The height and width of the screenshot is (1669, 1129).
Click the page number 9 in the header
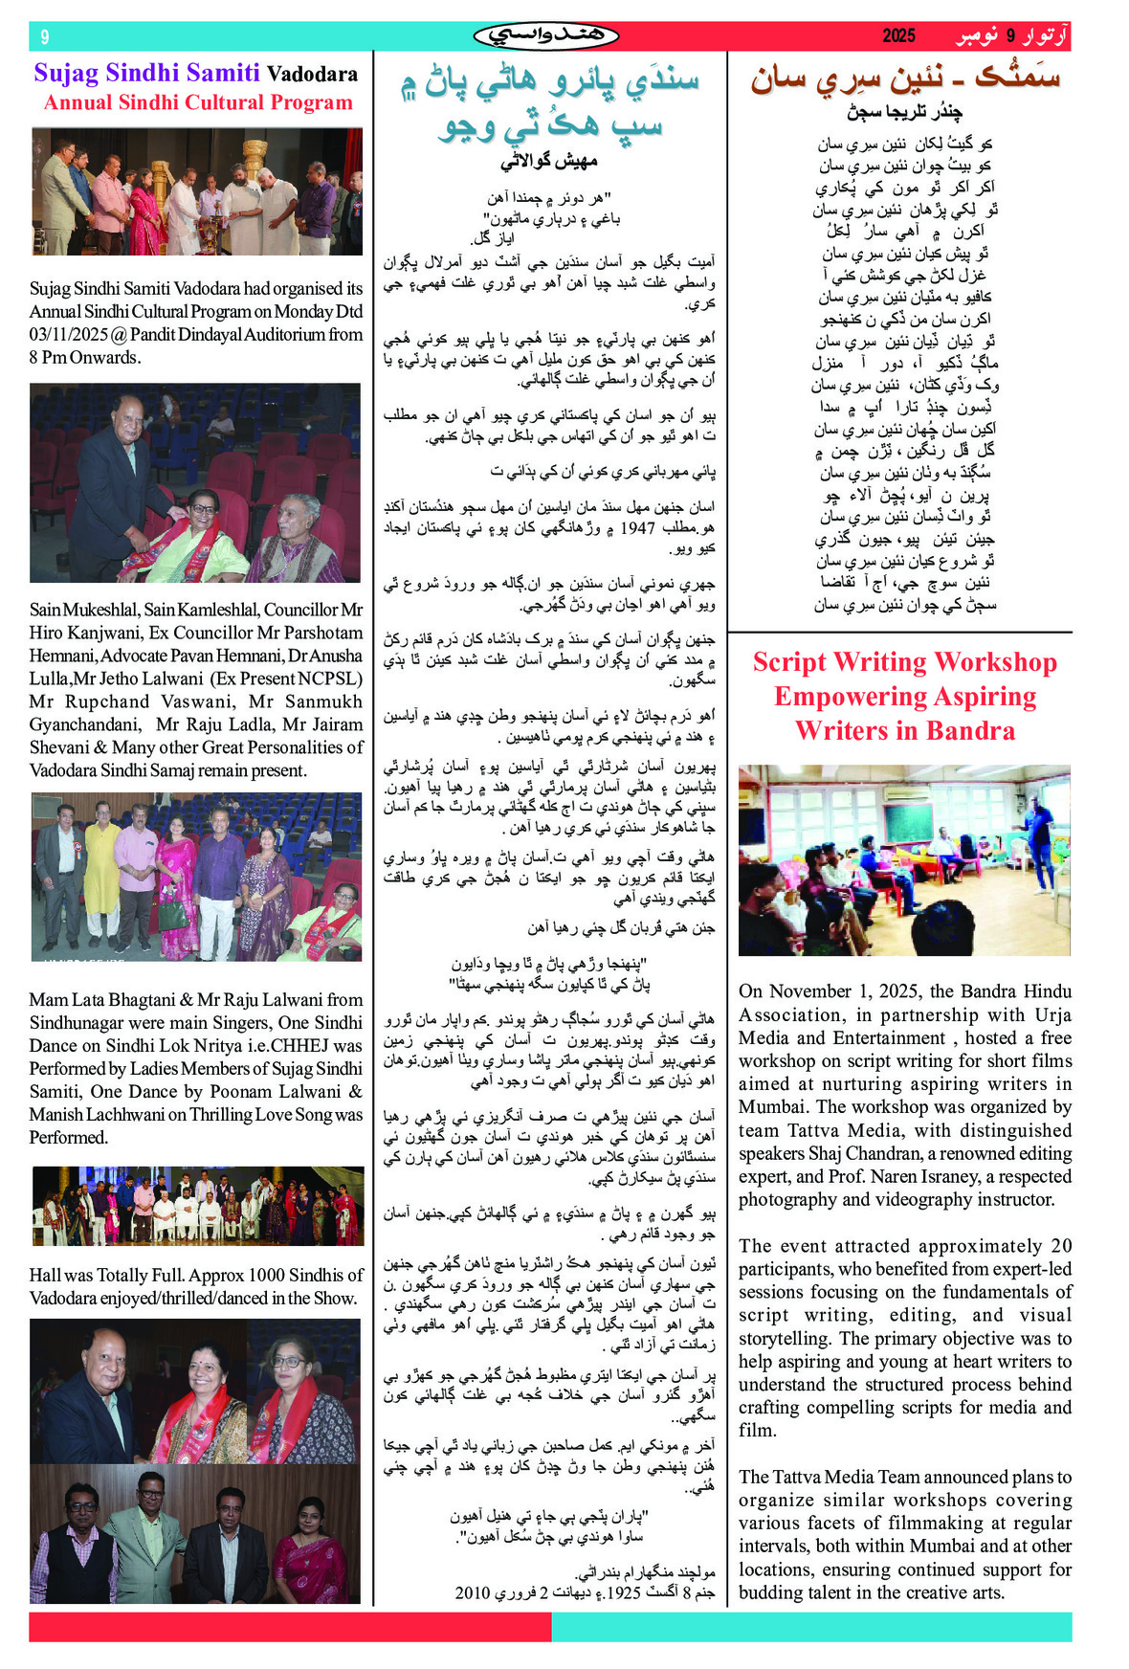(x=44, y=36)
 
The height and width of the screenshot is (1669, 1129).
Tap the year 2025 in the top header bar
(x=898, y=36)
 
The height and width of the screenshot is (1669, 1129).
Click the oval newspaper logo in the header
(x=545, y=36)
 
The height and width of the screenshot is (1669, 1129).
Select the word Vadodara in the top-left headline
(x=312, y=74)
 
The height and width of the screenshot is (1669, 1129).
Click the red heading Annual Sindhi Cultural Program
(x=198, y=102)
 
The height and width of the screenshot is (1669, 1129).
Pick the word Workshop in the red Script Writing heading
(x=995, y=662)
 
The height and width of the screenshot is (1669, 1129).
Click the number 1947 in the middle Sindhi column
(x=637, y=527)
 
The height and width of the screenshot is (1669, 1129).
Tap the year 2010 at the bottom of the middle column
(x=473, y=1593)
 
